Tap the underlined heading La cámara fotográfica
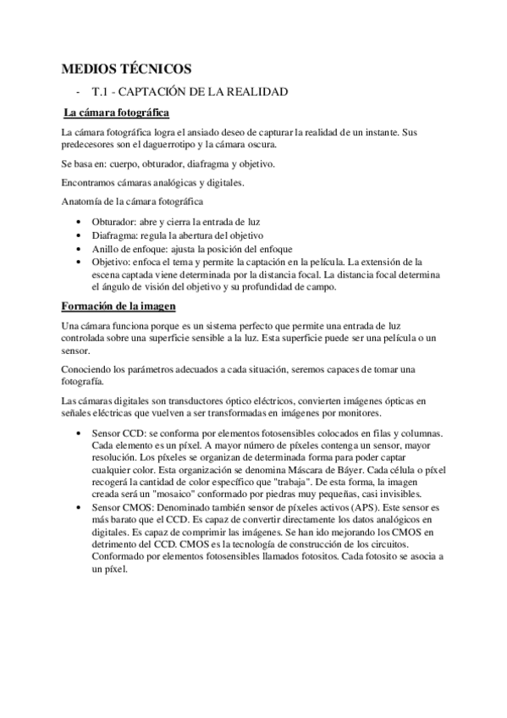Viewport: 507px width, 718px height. [117, 113]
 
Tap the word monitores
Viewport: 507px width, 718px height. [355, 413]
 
